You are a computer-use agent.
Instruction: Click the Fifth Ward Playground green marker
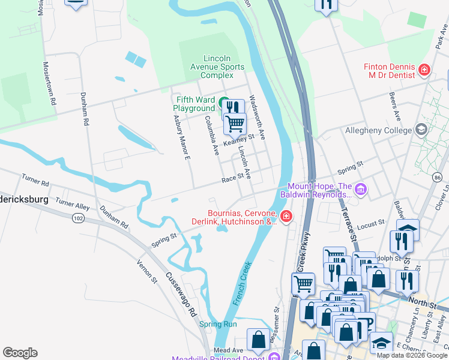tap(223, 103)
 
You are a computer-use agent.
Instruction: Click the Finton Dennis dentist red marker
tap(424, 70)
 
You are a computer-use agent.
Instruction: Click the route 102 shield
tap(77, 218)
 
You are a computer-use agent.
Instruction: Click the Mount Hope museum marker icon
tap(360, 190)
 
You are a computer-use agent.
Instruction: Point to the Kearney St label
tap(239, 140)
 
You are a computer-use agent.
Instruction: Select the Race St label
tap(231, 178)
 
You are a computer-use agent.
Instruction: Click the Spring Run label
tap(218, 324)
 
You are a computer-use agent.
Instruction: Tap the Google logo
tap(20, 353)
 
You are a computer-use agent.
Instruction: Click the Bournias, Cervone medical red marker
tap(286, 216)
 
